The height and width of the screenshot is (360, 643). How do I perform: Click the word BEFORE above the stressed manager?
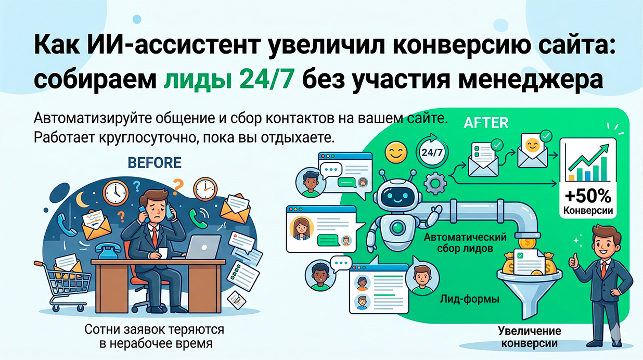coord(155,163)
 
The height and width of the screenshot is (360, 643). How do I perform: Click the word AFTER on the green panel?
coord(485,123)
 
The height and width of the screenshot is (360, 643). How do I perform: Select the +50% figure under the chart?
coord(587,197)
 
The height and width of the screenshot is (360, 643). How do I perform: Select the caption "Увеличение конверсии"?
coord(530,337)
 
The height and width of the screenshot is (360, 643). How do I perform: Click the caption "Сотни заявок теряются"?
coord(155,329)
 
